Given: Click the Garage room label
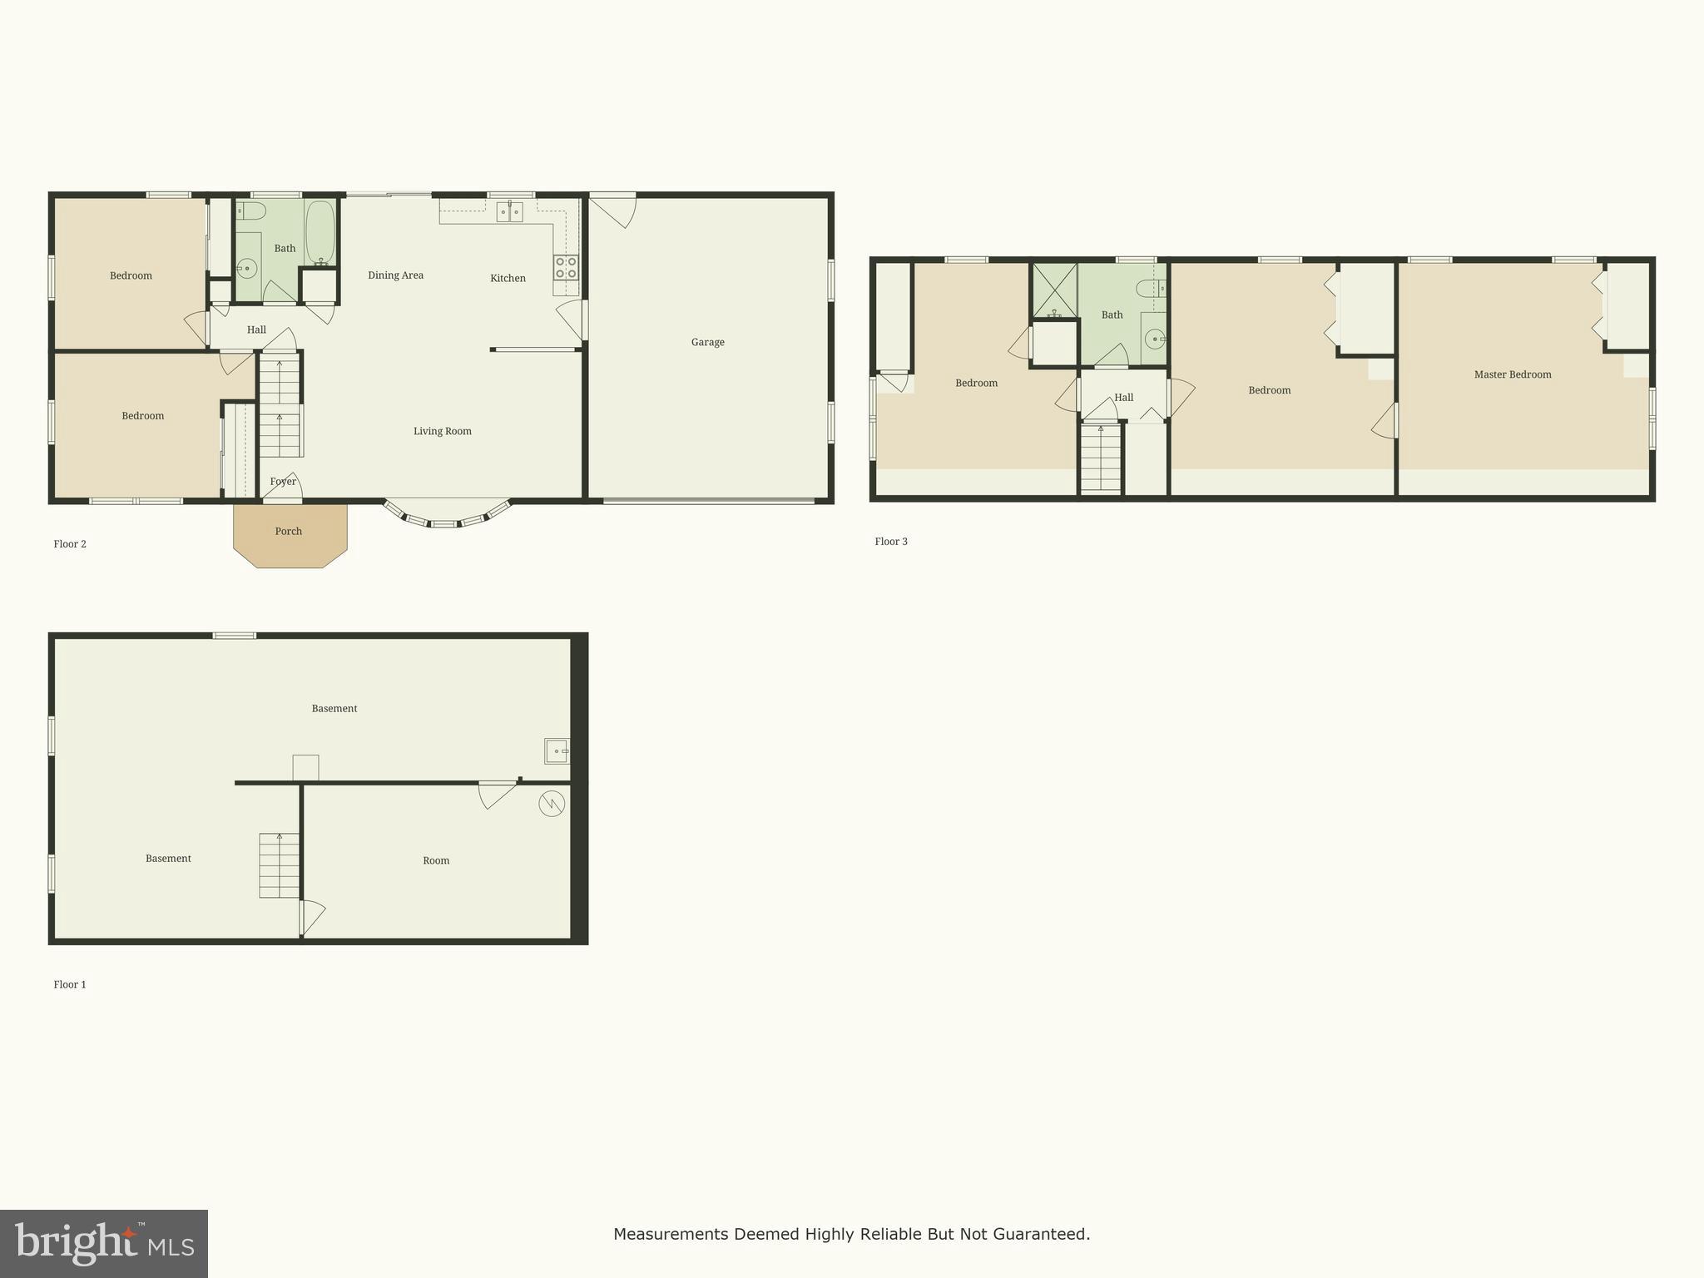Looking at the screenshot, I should tap(707, 342).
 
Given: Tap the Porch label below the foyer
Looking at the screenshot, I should tap(289, 532).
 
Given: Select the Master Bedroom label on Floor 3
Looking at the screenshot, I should tap(1513, 374).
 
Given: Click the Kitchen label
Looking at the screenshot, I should tap(508, 279).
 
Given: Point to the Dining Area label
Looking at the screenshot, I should tap(395, 275).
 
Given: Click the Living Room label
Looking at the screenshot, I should tap(442, 431).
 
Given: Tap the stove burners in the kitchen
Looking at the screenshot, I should tap(566, 267).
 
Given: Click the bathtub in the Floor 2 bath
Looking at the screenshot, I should tap(320, 232).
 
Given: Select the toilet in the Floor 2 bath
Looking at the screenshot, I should tap(250, 211).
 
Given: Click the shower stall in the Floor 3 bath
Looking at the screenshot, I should tap(1054, 290).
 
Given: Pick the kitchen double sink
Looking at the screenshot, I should tap(510, 212).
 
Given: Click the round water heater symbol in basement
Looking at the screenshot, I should tap(552, 803).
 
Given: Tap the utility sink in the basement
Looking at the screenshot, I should tap(557, 750).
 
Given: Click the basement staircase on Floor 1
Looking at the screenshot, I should tap(279, 865).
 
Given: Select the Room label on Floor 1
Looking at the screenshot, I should tap(436, 861).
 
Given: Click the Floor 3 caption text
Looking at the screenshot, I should tap(891, 542).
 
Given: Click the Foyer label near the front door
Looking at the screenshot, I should tap(283, 482).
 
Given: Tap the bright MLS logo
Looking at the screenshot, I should tap(104, 1244).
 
